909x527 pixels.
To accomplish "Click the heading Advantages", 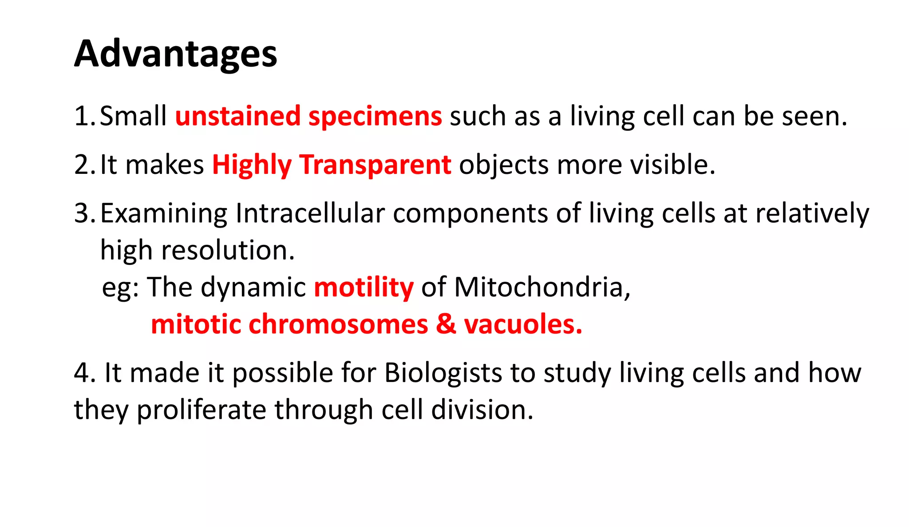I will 175,54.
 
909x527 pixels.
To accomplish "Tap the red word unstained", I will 237,116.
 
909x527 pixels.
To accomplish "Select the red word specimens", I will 375,116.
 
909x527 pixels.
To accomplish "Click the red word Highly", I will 252,165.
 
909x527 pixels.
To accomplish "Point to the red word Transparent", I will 375,165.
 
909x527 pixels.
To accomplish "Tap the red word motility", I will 364,287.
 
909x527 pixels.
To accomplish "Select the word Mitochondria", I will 541,287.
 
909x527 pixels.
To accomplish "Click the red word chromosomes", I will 338,324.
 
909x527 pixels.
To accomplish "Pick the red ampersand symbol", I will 446,324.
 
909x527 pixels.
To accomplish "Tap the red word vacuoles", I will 522,324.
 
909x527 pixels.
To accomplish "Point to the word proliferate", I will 201,409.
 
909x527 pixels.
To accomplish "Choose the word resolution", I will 227,251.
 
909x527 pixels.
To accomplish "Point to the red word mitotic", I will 196,324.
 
